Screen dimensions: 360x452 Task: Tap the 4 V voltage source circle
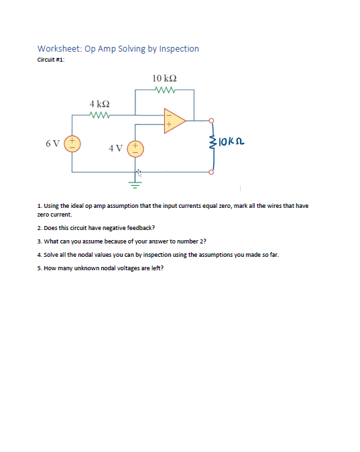pos(135,148)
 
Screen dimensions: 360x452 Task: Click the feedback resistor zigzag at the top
pos(165,90)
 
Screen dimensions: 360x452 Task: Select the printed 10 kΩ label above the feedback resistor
pos(165,78)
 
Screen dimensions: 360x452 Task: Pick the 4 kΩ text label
pos(99,104)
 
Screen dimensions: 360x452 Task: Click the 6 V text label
pos(52,144)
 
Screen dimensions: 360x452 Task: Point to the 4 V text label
pos(115,148)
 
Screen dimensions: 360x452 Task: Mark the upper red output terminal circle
pos(213,121)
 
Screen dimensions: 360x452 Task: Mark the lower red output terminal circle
pos(213,172)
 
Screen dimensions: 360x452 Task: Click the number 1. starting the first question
pos(40,206)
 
